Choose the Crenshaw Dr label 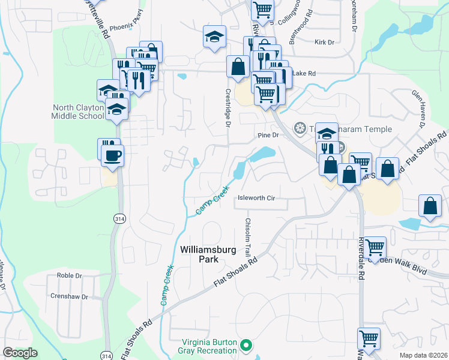click(69, 296)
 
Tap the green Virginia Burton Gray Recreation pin click(245, 346)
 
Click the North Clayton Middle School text click(78, 112)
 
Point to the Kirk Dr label click(324, 42)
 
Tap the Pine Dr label click(268, 135)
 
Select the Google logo click(20, 353)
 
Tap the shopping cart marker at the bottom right click(369, 338)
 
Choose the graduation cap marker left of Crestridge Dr click(214, 37)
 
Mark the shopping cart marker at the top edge click(262, 10)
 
